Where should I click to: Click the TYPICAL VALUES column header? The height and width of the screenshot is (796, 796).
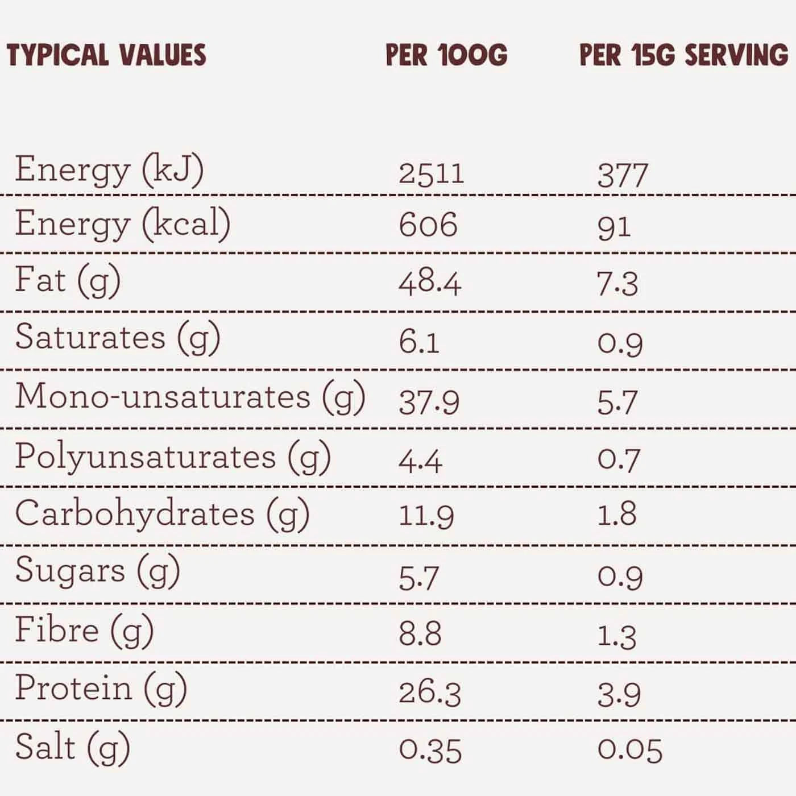106,55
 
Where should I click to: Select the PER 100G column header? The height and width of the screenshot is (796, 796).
446,55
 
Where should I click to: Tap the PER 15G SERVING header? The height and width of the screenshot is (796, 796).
684,55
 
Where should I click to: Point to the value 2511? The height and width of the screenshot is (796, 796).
431,173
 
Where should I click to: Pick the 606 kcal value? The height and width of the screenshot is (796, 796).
428,225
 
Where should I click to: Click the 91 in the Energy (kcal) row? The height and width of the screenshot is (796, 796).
613,227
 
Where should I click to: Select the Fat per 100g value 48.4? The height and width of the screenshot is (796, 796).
430,283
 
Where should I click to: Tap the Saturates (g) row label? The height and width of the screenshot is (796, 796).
118,338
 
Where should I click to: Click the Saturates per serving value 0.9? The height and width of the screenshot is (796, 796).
620,343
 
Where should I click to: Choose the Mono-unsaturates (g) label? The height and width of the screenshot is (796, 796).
190,397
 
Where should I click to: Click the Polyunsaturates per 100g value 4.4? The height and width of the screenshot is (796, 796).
420,461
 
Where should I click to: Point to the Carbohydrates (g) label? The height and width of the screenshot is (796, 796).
162,514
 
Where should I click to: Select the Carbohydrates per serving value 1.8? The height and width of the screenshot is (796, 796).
616,515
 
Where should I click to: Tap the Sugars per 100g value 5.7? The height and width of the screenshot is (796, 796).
418,578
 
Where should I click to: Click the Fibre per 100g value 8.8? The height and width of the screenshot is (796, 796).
420,633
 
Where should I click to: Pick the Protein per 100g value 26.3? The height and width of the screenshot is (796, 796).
429,693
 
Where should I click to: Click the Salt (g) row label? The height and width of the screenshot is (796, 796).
73,747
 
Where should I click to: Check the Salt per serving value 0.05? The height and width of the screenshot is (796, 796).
629,750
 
